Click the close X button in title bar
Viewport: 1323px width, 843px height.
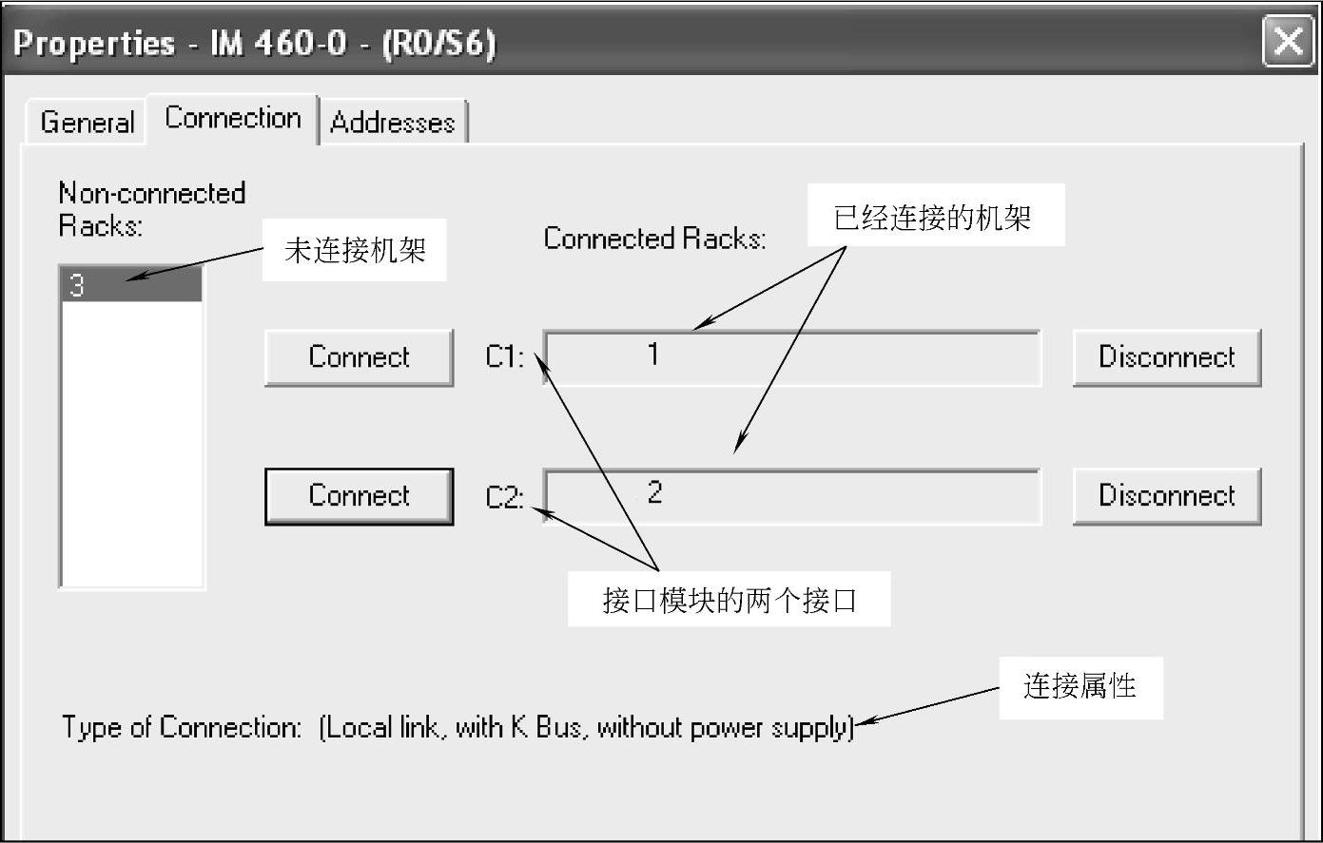pyautogui.click(x=1288, y=42)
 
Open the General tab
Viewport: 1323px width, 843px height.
pyautogui.click(x=87, y=123)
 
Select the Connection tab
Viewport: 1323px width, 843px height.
pyautogui.click(x=233, y=118)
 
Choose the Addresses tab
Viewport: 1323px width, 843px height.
pyautogui.click(x=393, y=123)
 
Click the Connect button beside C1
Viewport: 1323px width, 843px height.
pyautogui.click(x=359, y=357)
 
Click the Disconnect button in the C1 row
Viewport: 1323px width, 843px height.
pyautogui.click(x=1166, y=357)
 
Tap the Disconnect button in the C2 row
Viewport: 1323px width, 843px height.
pyautogui.click(x=1166, y=496)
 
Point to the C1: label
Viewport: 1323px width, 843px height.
pyautogui.click(x=504, y=357)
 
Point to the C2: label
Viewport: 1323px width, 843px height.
pyautogui.click(x=504, y=497)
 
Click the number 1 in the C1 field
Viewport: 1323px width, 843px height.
pyautogui.click(x=653, y=354)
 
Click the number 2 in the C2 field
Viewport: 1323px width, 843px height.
pyautogui.click(x=654, y=492)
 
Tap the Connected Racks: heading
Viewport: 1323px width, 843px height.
pyautogui.click(x=654, y=238)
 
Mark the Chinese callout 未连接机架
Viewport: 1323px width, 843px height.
pyautogui.click(x=355, y=251)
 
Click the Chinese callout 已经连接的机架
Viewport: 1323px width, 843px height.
pyautogui.click(x=932, y=218)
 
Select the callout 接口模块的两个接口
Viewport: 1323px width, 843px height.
pyautogui.click(x=730, y=600)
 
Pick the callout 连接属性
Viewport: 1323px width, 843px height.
pyautogui.click(x=1080, y=686)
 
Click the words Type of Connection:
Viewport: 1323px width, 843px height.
pyautogui.click(x=181, y=728)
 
